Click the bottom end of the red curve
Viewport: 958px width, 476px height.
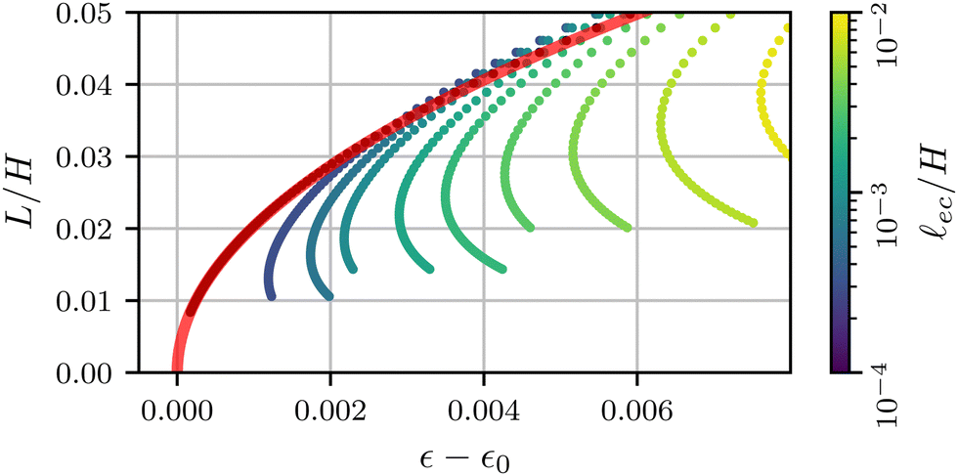[x=177, y=370]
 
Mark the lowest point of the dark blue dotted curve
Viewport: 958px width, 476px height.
[x=271, y=295]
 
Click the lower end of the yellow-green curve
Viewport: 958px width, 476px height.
[x=753, y=224]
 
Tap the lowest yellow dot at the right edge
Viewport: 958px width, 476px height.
[x=786, y=155]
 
